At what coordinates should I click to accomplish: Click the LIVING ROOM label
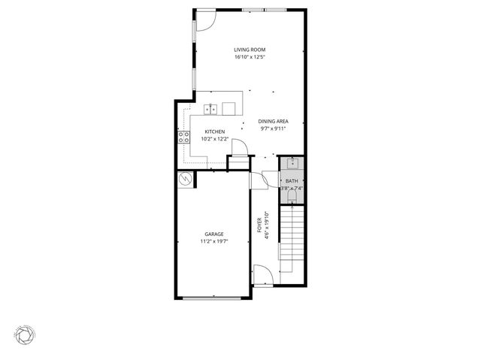pyautogui.click(x=250, y=50)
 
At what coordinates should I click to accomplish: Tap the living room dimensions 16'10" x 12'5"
pyautogui.click(x=250, y=57)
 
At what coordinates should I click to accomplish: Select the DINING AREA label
pyautogui.click(x=272, y=122)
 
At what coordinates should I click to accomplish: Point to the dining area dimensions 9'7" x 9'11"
pyautogui.click(x=272, y=129)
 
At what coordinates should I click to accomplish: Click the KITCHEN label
pyautogui.click(x=215, y=132)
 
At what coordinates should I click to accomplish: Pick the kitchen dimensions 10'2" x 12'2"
pyautogui.click(x=215, y=139)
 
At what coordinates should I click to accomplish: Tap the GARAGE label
pyautogui.click(x=214, y=234)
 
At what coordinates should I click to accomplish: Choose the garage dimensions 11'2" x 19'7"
pyautogui.click(x=214, y=242)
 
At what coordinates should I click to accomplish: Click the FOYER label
pyautogui.click(x=259, y=225)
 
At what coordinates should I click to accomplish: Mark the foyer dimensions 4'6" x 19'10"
pyautogui.click(x=267, y=225)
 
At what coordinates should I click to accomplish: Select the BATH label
pyautogui.click(x=292, y=181)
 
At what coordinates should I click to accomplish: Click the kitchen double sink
pyautogui.click(x=212, y=109)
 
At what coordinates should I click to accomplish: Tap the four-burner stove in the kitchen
pyautogui.click(x=183, y=137)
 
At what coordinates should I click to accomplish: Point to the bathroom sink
pyautogui.click(x=292, y=162)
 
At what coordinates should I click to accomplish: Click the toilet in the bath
pyautogui.click(x=292, y=197)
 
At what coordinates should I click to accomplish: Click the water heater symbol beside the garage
pyautogui.click(x=185, y=180)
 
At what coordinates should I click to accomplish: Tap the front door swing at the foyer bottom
pyautogui.click(x=261, y=275)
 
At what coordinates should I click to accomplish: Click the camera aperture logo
pyautogui.click(x=25, y=332)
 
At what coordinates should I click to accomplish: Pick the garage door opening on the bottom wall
pyautogui.click(x=213, y=298)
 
